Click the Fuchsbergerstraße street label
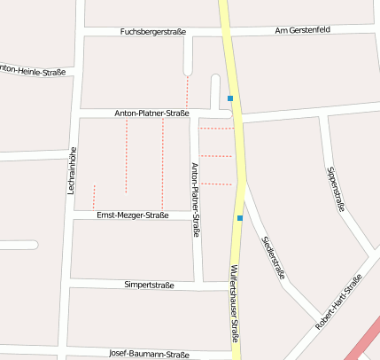pyautogui.click(x=152, y=32)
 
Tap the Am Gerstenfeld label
pyautogui.click(x=302, y=29)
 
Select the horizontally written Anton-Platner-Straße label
pyautogui.click(x=151, y=113)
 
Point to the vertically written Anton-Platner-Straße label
pyautogui.click(x=196, y=200)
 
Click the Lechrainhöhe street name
pyautogui.click(x=72, y=169)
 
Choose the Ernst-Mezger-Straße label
pyautogui.click(x=132, y=215)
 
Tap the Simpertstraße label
pyautogui.click(x=149, y=286)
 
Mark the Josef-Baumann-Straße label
pyautogui.click(x=149, y=355)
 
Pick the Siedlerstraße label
pyautogui.click(x=273, y=258)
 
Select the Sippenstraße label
pyautogui.click(x=335, y=188)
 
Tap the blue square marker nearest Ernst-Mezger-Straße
pyautogui.click(x=239, y=217)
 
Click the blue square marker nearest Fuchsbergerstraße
pyautogui.click(x=230, y=98)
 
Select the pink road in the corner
pyautogui.click(x=363, y=341)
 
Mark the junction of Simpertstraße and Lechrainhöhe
pyautogui.click(x=68, y=286)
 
